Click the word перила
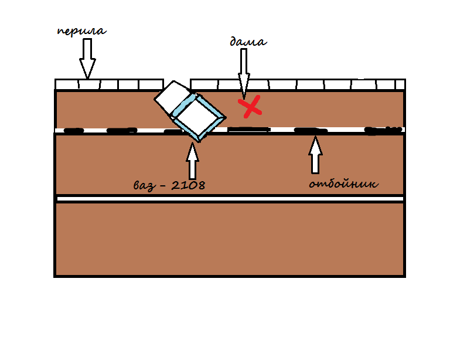tap(82, 31)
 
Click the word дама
tap(248, 42)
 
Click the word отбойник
tap(344, 184)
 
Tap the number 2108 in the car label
tap(188, 185)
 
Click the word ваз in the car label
tap(145, 186)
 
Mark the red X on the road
tap(250, 107)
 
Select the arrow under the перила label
tap(87, 58)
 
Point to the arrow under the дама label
tap(244, 73)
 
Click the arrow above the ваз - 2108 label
tap(192, 161)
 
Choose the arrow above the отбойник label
tap(315, 154)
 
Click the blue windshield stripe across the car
tap(183, 106)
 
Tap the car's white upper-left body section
tap(172, 97)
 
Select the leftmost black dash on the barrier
tap(74, 131)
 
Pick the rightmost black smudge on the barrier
tap(383, 130)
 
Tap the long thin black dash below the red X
tap(249, 130)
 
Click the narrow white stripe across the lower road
tap(230, 199)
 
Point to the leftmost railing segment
tap(67, 84)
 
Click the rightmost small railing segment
tap(400, 84)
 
